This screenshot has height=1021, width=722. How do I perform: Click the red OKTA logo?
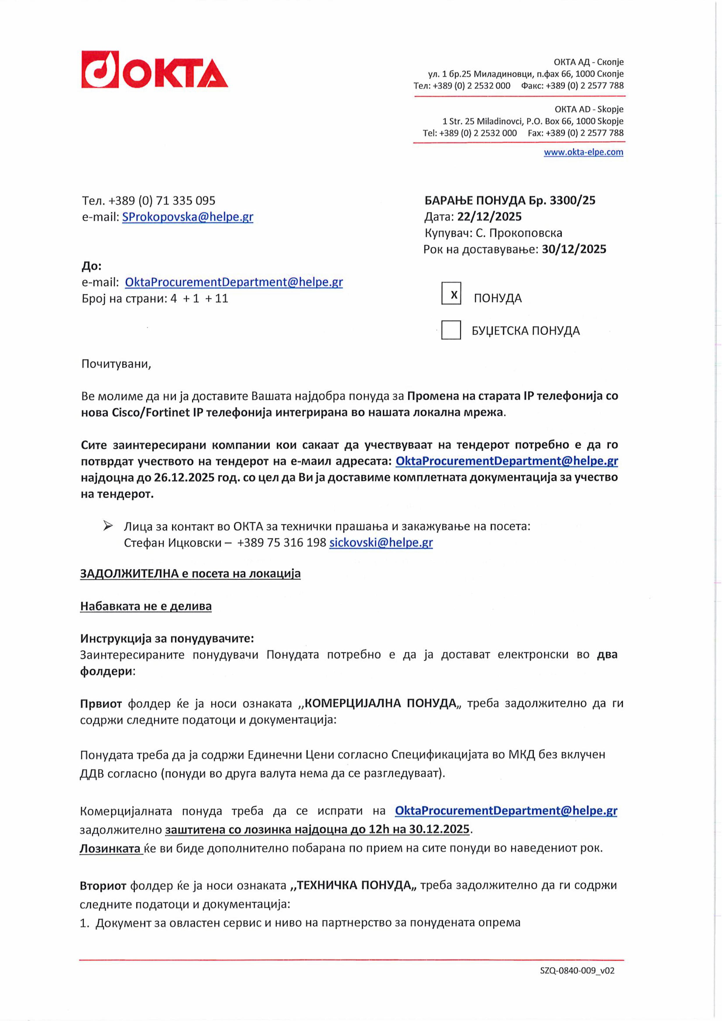tap(154, 70)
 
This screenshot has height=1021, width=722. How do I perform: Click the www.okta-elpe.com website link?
tap(583, 152)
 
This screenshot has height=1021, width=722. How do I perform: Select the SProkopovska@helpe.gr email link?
tap(188, 217)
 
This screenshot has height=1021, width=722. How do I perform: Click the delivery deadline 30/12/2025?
tap(574, 249)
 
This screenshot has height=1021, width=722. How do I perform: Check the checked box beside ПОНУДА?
tap(451, 294)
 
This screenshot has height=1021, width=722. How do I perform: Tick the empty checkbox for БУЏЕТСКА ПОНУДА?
tap(451, 330)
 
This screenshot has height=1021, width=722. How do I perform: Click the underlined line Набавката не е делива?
tap(146, 606)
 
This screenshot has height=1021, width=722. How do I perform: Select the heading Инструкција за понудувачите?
tap(167, 639)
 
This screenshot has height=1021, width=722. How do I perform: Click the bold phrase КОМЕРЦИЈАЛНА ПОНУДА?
tap(380, 703)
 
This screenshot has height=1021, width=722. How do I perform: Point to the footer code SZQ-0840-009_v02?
tap(577, 971)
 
